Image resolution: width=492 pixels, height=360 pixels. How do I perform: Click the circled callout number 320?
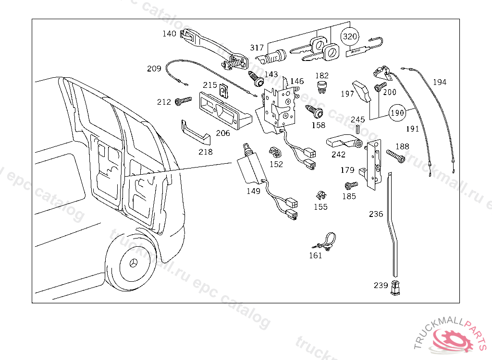click(350, 36)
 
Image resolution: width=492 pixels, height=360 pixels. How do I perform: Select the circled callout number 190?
click(397, 113)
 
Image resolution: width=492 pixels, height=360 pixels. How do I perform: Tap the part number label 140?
click(169, 34)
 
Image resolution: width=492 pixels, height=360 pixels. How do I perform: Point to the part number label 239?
click(381, 285)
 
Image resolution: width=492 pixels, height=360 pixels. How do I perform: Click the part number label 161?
click(315, 255)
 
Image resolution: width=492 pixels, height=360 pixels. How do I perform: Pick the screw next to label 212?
click(183, 101)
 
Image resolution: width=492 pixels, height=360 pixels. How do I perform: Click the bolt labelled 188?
click(394, 156)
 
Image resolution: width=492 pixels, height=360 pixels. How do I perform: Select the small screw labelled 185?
click(351, 185)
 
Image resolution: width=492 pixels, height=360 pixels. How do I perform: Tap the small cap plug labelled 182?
click(322, 87)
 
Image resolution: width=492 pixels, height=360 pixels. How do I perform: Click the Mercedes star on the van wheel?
click(134, 264)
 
